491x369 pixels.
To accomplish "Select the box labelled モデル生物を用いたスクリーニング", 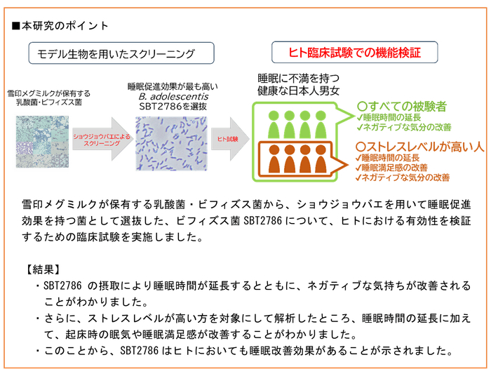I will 116,53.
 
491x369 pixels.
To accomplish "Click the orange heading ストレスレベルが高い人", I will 415,147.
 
